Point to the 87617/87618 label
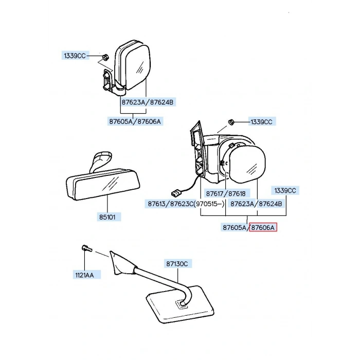[226, 193]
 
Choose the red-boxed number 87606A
[263, 227]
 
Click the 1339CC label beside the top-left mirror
[75, 56]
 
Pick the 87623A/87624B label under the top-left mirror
[148, 102]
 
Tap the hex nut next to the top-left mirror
[105, 57]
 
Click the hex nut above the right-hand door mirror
[231, 122]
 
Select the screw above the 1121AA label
[87, 248]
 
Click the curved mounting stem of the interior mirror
[99, 160]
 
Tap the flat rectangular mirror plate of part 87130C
[180, 304]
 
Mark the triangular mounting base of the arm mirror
[120, 263]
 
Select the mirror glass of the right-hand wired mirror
[247, 164]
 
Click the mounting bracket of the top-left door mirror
[107, 81]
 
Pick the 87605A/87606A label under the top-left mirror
[135, 121]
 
